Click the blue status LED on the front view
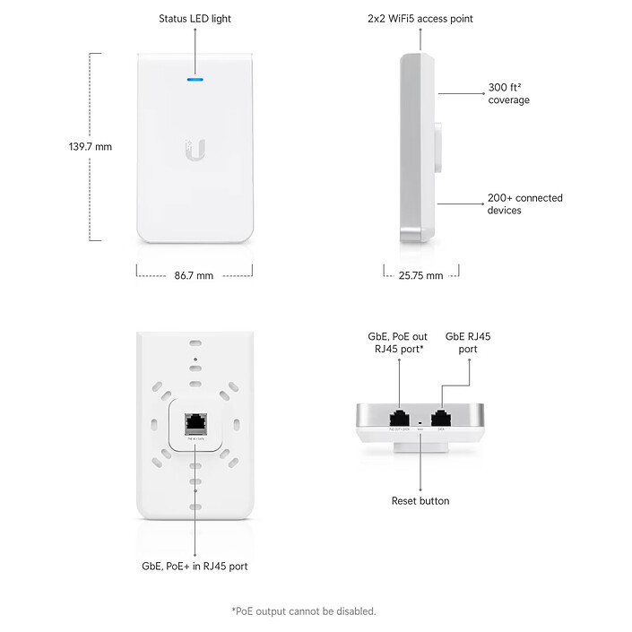pyautogui.click(x=195, y=79)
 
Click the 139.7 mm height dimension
pyautogui.click(x=90, y=146)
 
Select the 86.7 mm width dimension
pyautogui.click(x=194, y=275)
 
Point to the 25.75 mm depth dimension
pyautogui.click(x=420, y=275)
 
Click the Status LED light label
pyautogui.click(x=195, y=18)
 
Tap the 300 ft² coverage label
pyautogui.click(x=508, y=94)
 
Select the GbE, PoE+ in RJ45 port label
pyautogui.click(x=195, y=566)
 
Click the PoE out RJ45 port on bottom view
pyautogui.click(x=400, y=417)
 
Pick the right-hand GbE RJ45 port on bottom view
pyautogui.click(x=441, y=417)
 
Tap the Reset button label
pyautogui.click(x=420, y=500)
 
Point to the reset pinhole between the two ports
pyautogui.click(x=420, y=420)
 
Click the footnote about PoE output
pyautogui.click(x=304, y=611)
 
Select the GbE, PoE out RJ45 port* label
pyautogui.click(x=397, y=342)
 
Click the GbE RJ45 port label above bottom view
pyautogui.click(x=468, y=342)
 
